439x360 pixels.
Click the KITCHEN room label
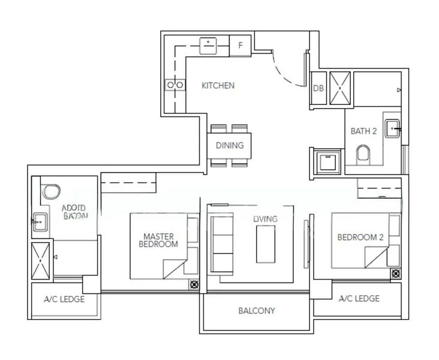coord(218,86)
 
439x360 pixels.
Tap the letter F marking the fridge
coord(240,45)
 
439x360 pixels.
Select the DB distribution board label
coord(319,88)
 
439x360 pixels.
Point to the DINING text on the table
coord(230,145)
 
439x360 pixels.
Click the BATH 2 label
coord(363,131)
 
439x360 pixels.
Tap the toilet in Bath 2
coord(363,157)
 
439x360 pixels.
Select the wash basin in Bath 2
coord(393,127)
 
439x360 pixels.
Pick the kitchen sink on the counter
coord(208,45)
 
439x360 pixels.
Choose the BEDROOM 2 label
coord(360,237)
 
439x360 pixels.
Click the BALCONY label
coord(256,311)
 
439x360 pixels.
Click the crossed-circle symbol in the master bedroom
coord(194,285)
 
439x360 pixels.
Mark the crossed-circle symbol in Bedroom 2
coord(396,274)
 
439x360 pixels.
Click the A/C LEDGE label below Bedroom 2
coord(359,298)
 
